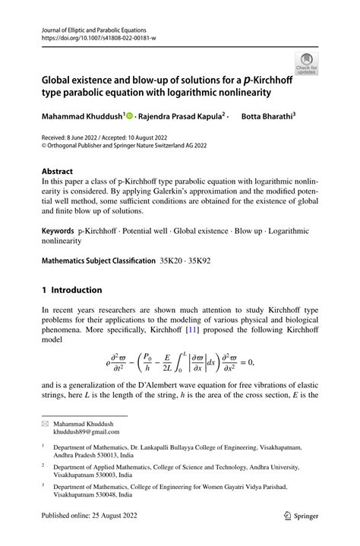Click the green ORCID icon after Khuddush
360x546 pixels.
click(129, 116)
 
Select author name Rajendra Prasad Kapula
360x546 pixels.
click(182, 116)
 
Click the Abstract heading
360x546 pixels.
click(58, 172)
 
